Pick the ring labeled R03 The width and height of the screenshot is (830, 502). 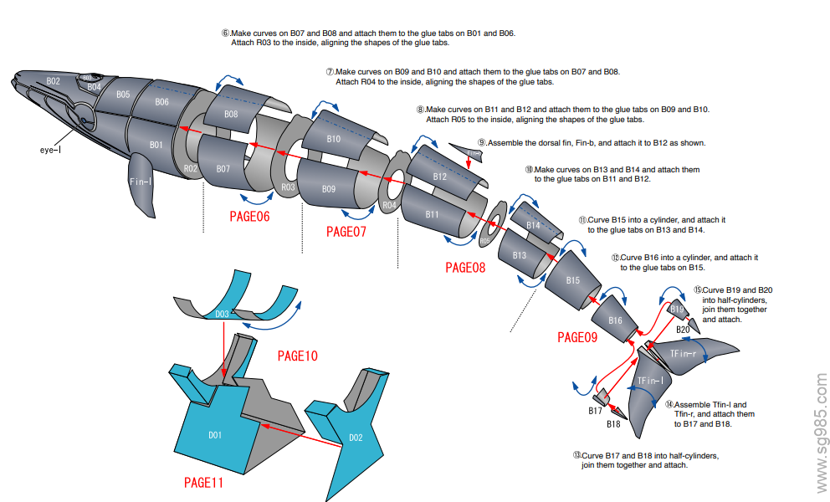(288, 187)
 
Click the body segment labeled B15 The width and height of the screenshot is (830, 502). (572, 280)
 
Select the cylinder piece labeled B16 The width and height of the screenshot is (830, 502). (615, 320)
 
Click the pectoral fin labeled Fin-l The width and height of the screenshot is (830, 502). (141, 186)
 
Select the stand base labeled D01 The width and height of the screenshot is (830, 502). (216, 435)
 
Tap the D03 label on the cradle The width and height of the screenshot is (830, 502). (222, 315)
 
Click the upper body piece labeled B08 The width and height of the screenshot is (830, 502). (231, 114)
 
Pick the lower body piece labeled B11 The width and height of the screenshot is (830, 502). (432, 215)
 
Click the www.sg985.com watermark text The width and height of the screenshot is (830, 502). (820, 434)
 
